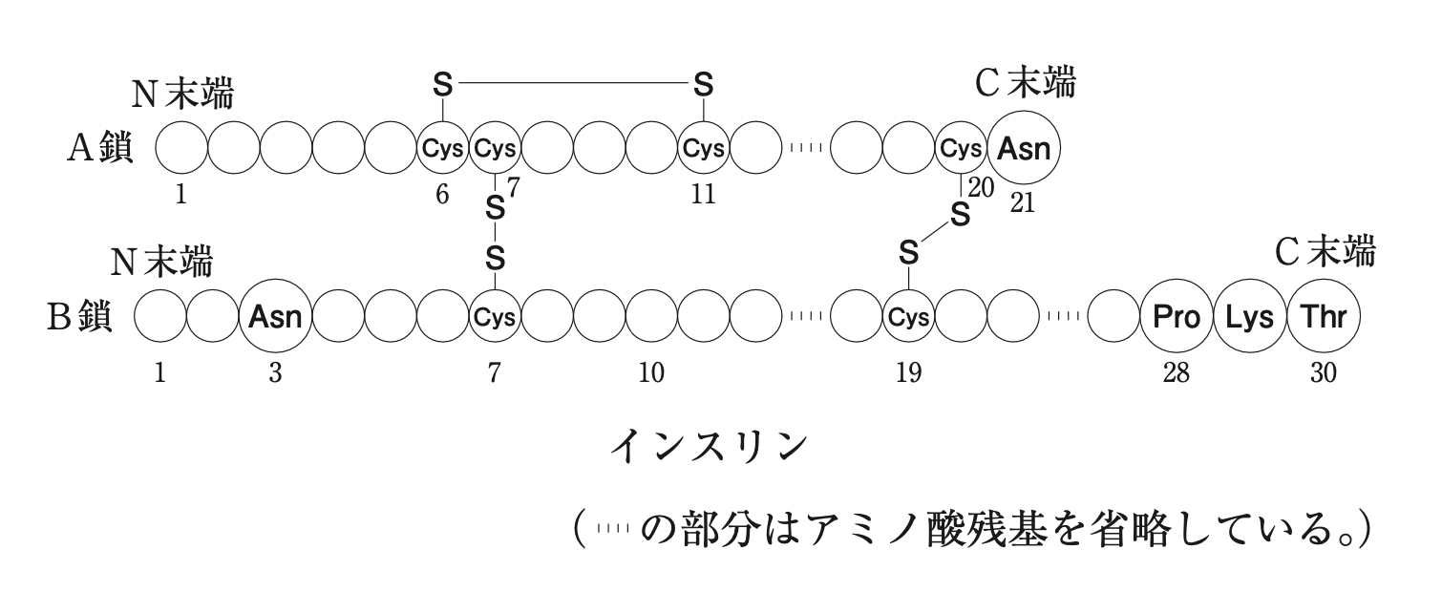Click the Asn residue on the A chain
coord(1024,149)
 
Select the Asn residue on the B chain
coord(275,318)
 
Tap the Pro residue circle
coord(1177,318)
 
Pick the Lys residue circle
coord(1249,318)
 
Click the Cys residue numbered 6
coord(442,149)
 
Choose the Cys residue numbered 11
coord(703,149)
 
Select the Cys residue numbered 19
coord(908,318)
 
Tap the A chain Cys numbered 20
coord(961,149)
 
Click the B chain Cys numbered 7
coord(495,318)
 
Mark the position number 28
coord(1176,373)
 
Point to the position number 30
coord(1323,373)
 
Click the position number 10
coord(651,373)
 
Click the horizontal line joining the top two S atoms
coord(573,84)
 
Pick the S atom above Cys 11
coord(703,85)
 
